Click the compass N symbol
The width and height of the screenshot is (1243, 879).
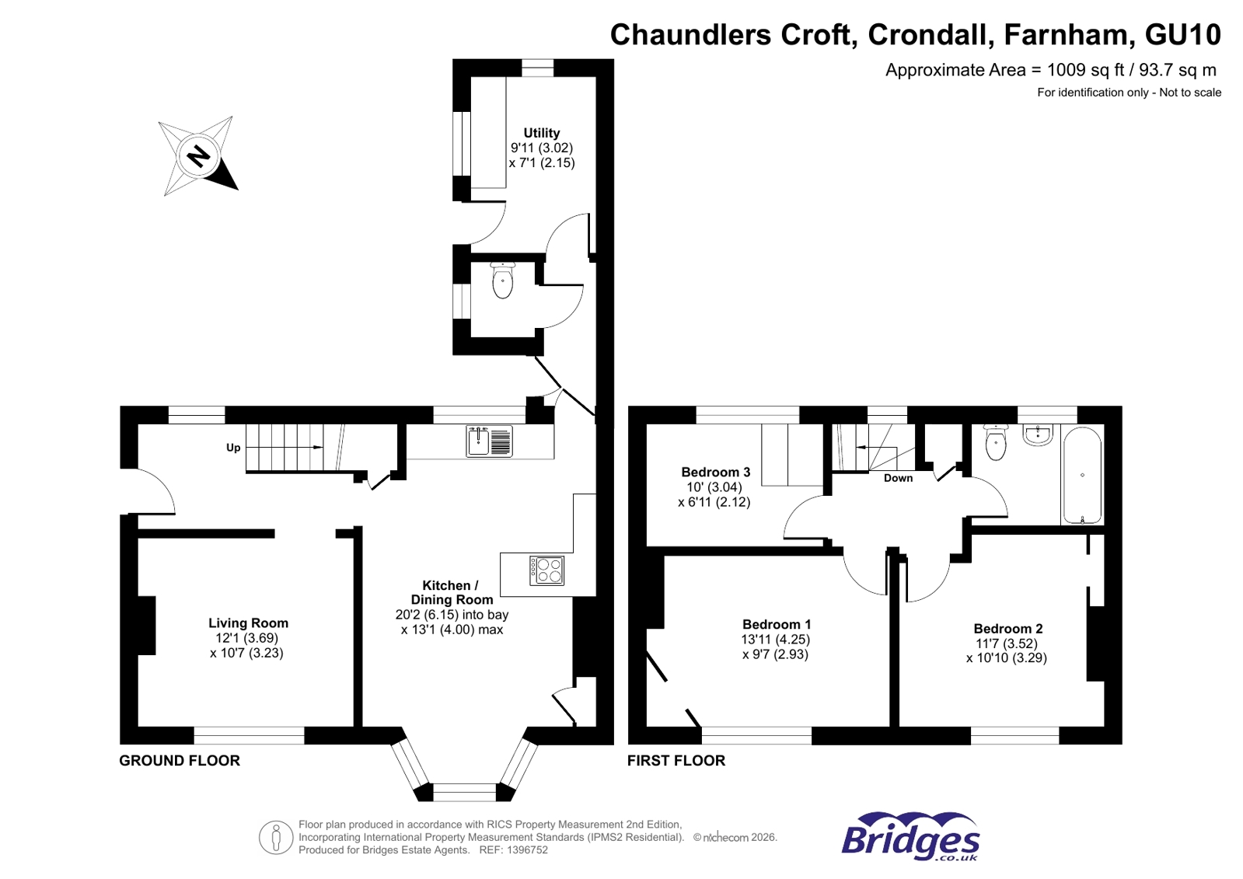[199, 156]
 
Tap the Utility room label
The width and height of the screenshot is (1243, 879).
[541, 133]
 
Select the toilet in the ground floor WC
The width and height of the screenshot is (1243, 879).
[503, 281]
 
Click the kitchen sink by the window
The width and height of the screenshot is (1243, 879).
[489, 441]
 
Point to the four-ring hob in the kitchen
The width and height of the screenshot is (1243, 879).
[546, 570]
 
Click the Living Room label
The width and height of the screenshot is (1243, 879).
[248, 623]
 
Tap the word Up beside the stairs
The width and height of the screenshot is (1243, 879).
[233, 448]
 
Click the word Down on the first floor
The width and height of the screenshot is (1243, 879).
[898, 478]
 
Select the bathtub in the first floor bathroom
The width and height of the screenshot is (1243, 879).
[1081, 475]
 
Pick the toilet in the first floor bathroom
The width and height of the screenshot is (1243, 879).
[996, 442]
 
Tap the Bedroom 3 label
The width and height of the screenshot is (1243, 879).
[715, 472]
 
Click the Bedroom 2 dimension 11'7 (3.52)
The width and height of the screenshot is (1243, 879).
[1007, 644]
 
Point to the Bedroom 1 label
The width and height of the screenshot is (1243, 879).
[776, 624]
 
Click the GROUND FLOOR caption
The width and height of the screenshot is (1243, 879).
[180, 761]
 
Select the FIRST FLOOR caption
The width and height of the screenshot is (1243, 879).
[676, 761]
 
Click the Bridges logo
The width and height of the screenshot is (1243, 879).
[910, 837]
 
